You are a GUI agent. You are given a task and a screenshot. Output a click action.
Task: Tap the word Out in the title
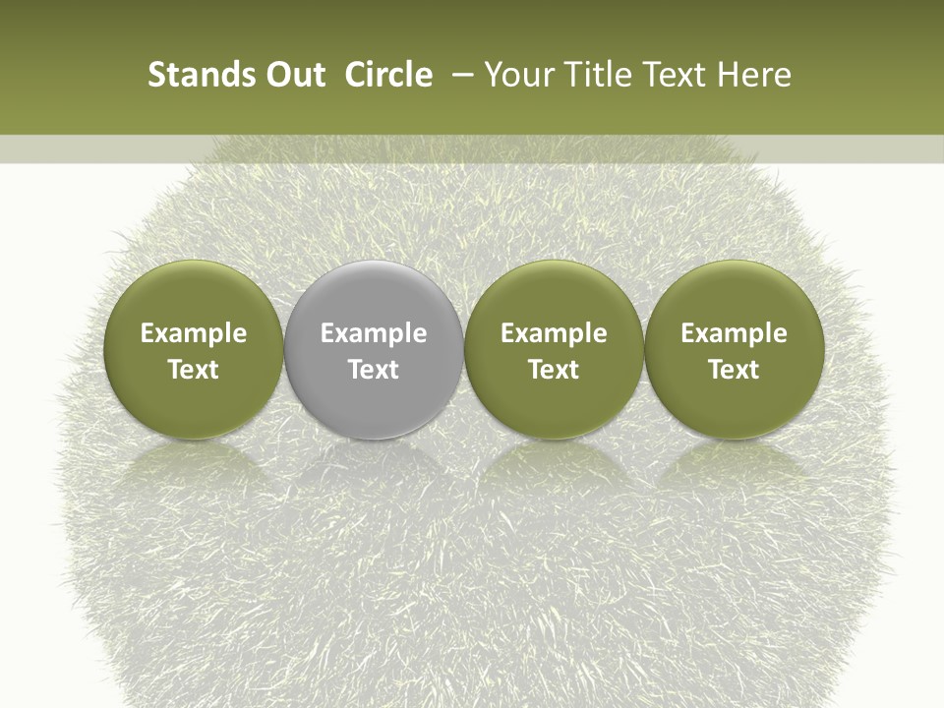[293, 75]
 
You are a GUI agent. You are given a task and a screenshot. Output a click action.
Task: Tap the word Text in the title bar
[674, 75]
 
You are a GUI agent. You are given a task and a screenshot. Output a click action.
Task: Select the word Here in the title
[754, 75]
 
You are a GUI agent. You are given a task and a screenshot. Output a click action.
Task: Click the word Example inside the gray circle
[374, 333]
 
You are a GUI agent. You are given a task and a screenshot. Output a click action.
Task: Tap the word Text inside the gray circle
[374, 370]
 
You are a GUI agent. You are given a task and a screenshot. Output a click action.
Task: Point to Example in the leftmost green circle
[194, 333]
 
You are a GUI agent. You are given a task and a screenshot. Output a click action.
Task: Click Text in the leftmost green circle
[194, 370]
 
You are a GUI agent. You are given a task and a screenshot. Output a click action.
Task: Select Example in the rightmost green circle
[735, 333]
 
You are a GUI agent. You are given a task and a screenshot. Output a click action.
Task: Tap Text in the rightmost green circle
[735, 370]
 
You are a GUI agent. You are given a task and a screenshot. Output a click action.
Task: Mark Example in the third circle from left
[554, 333]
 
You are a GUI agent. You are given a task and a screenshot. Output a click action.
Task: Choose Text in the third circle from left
[554, 370]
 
